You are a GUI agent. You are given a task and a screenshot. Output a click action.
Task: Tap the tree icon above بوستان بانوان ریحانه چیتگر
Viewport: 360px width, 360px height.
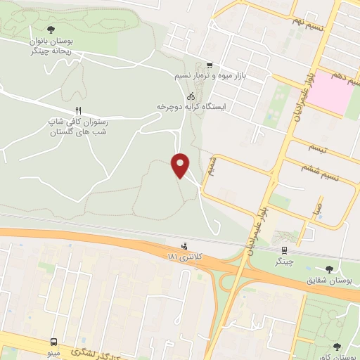51,30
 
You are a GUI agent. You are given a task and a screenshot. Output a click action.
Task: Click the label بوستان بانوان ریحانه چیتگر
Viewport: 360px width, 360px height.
51,46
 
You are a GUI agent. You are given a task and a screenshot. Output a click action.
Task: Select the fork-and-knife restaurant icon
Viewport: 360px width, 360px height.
79,110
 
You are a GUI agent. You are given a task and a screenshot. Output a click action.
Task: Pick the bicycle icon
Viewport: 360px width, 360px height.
191,96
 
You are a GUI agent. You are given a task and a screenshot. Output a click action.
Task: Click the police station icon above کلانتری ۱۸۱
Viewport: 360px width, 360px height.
184,247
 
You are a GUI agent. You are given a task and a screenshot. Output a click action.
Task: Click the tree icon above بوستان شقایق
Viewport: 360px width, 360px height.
330,269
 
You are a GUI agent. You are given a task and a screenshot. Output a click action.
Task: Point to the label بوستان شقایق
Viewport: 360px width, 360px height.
328,281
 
